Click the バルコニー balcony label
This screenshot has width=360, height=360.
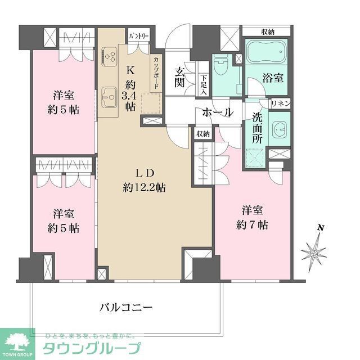click(x=126, y=308)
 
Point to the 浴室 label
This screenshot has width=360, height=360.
click(x=273, y=78)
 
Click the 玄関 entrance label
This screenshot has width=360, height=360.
click(x=180, y=78)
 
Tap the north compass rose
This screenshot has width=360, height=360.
click(x=314, y=251)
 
